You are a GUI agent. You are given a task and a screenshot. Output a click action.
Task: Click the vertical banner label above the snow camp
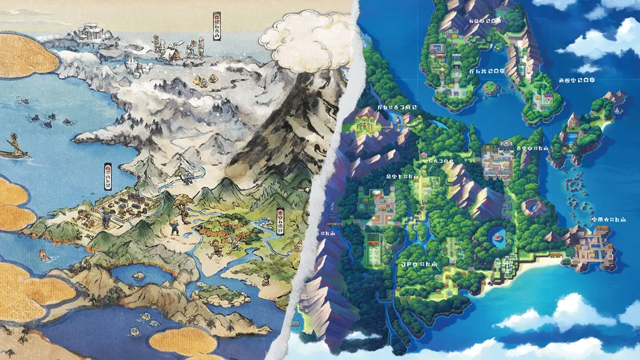pyautogui.click(x=217, y=26)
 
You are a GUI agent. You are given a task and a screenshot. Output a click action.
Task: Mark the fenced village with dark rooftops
pyautogui.click(x=125, y=206)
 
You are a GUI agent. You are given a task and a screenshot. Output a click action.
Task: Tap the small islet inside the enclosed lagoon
pyautogui.click(x=139, y=276)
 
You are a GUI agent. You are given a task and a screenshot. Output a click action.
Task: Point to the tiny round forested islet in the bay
pyautogui.click(x=491, y=87)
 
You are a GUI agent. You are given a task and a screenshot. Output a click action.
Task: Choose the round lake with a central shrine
pyautogui.click(x=498, y=235)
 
